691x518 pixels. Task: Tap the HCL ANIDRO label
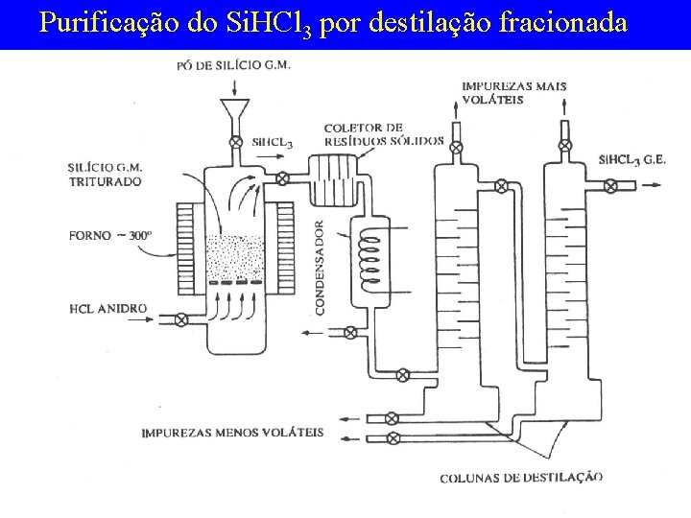pos(108,309)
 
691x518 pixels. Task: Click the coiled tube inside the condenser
pos(369,254)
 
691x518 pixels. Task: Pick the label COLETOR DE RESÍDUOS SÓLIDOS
pos(382,134)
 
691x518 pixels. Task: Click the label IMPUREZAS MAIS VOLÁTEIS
pos(513,92)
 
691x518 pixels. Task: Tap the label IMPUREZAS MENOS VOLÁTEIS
pos(232,432)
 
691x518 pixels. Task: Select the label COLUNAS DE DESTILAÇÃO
pos(521,477)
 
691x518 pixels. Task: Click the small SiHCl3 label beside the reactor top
pos(273,143)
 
